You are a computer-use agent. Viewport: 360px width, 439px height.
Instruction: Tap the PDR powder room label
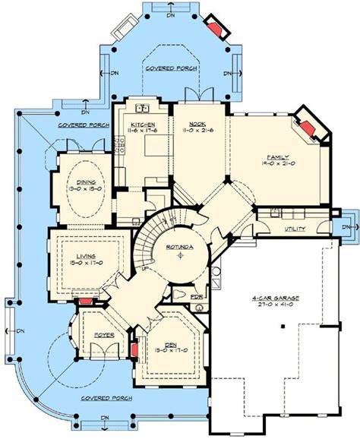[x=196, y=296]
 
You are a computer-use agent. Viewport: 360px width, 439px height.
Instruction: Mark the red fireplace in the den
[x=134, y=350]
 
